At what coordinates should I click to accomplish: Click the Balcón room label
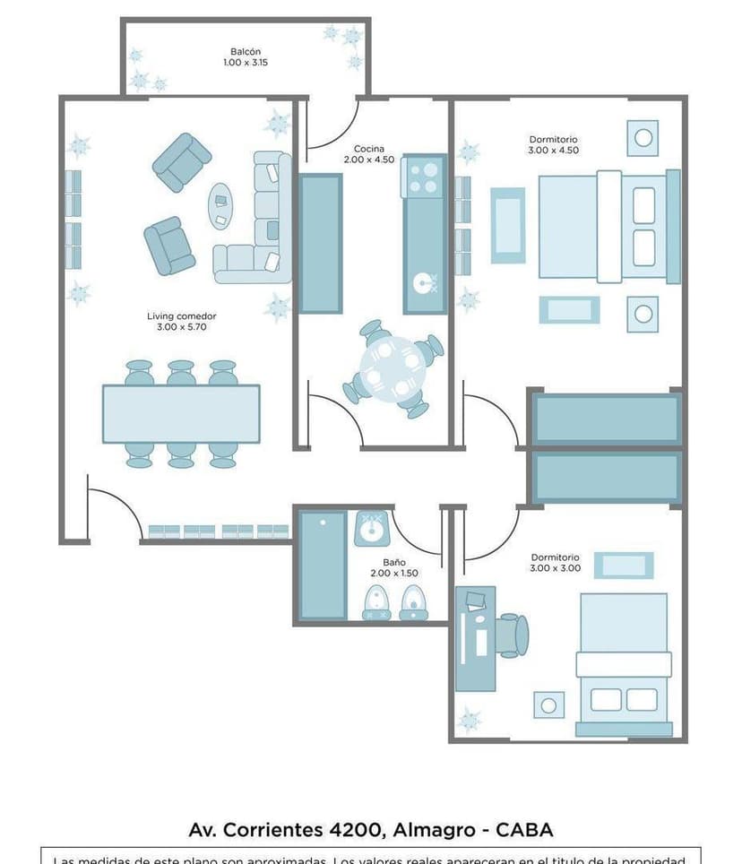[x=245, y=57]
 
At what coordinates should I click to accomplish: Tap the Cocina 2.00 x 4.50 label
[x=368, y=154]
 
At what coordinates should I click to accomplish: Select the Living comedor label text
[x=181, y=322]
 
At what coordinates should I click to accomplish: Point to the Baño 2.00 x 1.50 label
[x=393, y=567]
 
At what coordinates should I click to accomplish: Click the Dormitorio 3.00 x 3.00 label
[x=555, y=562]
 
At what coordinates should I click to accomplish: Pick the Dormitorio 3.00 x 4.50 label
[x=553, y=144]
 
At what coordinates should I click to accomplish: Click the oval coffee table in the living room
[x=220, y=206]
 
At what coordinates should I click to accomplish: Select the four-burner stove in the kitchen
[x=424, y=177]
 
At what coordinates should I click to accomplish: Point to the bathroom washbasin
[x=370, y=529]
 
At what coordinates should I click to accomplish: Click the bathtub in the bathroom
[x=322, y=565]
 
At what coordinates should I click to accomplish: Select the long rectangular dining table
[x=181, y=413]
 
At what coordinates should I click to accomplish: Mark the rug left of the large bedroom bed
[x=507, y=225]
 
